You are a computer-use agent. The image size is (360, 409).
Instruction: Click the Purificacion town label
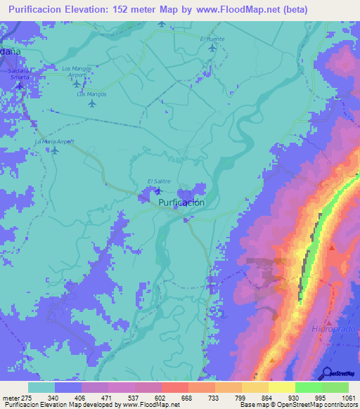click(x=181, y=202)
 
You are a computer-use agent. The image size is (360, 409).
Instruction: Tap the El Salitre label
click(x=159, y=181)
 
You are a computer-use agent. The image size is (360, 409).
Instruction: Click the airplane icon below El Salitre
click(x=158, y=191)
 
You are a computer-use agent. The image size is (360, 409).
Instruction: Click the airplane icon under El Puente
click(x=212, y=48)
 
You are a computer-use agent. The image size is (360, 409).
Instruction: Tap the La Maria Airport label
click(x=54, y=142)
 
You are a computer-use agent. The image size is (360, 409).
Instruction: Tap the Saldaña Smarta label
click(x=19, y=73)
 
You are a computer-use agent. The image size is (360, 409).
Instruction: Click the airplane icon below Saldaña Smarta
click(x=20, y=86)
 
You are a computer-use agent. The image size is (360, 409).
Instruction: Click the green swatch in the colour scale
click(x=308, y=387)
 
